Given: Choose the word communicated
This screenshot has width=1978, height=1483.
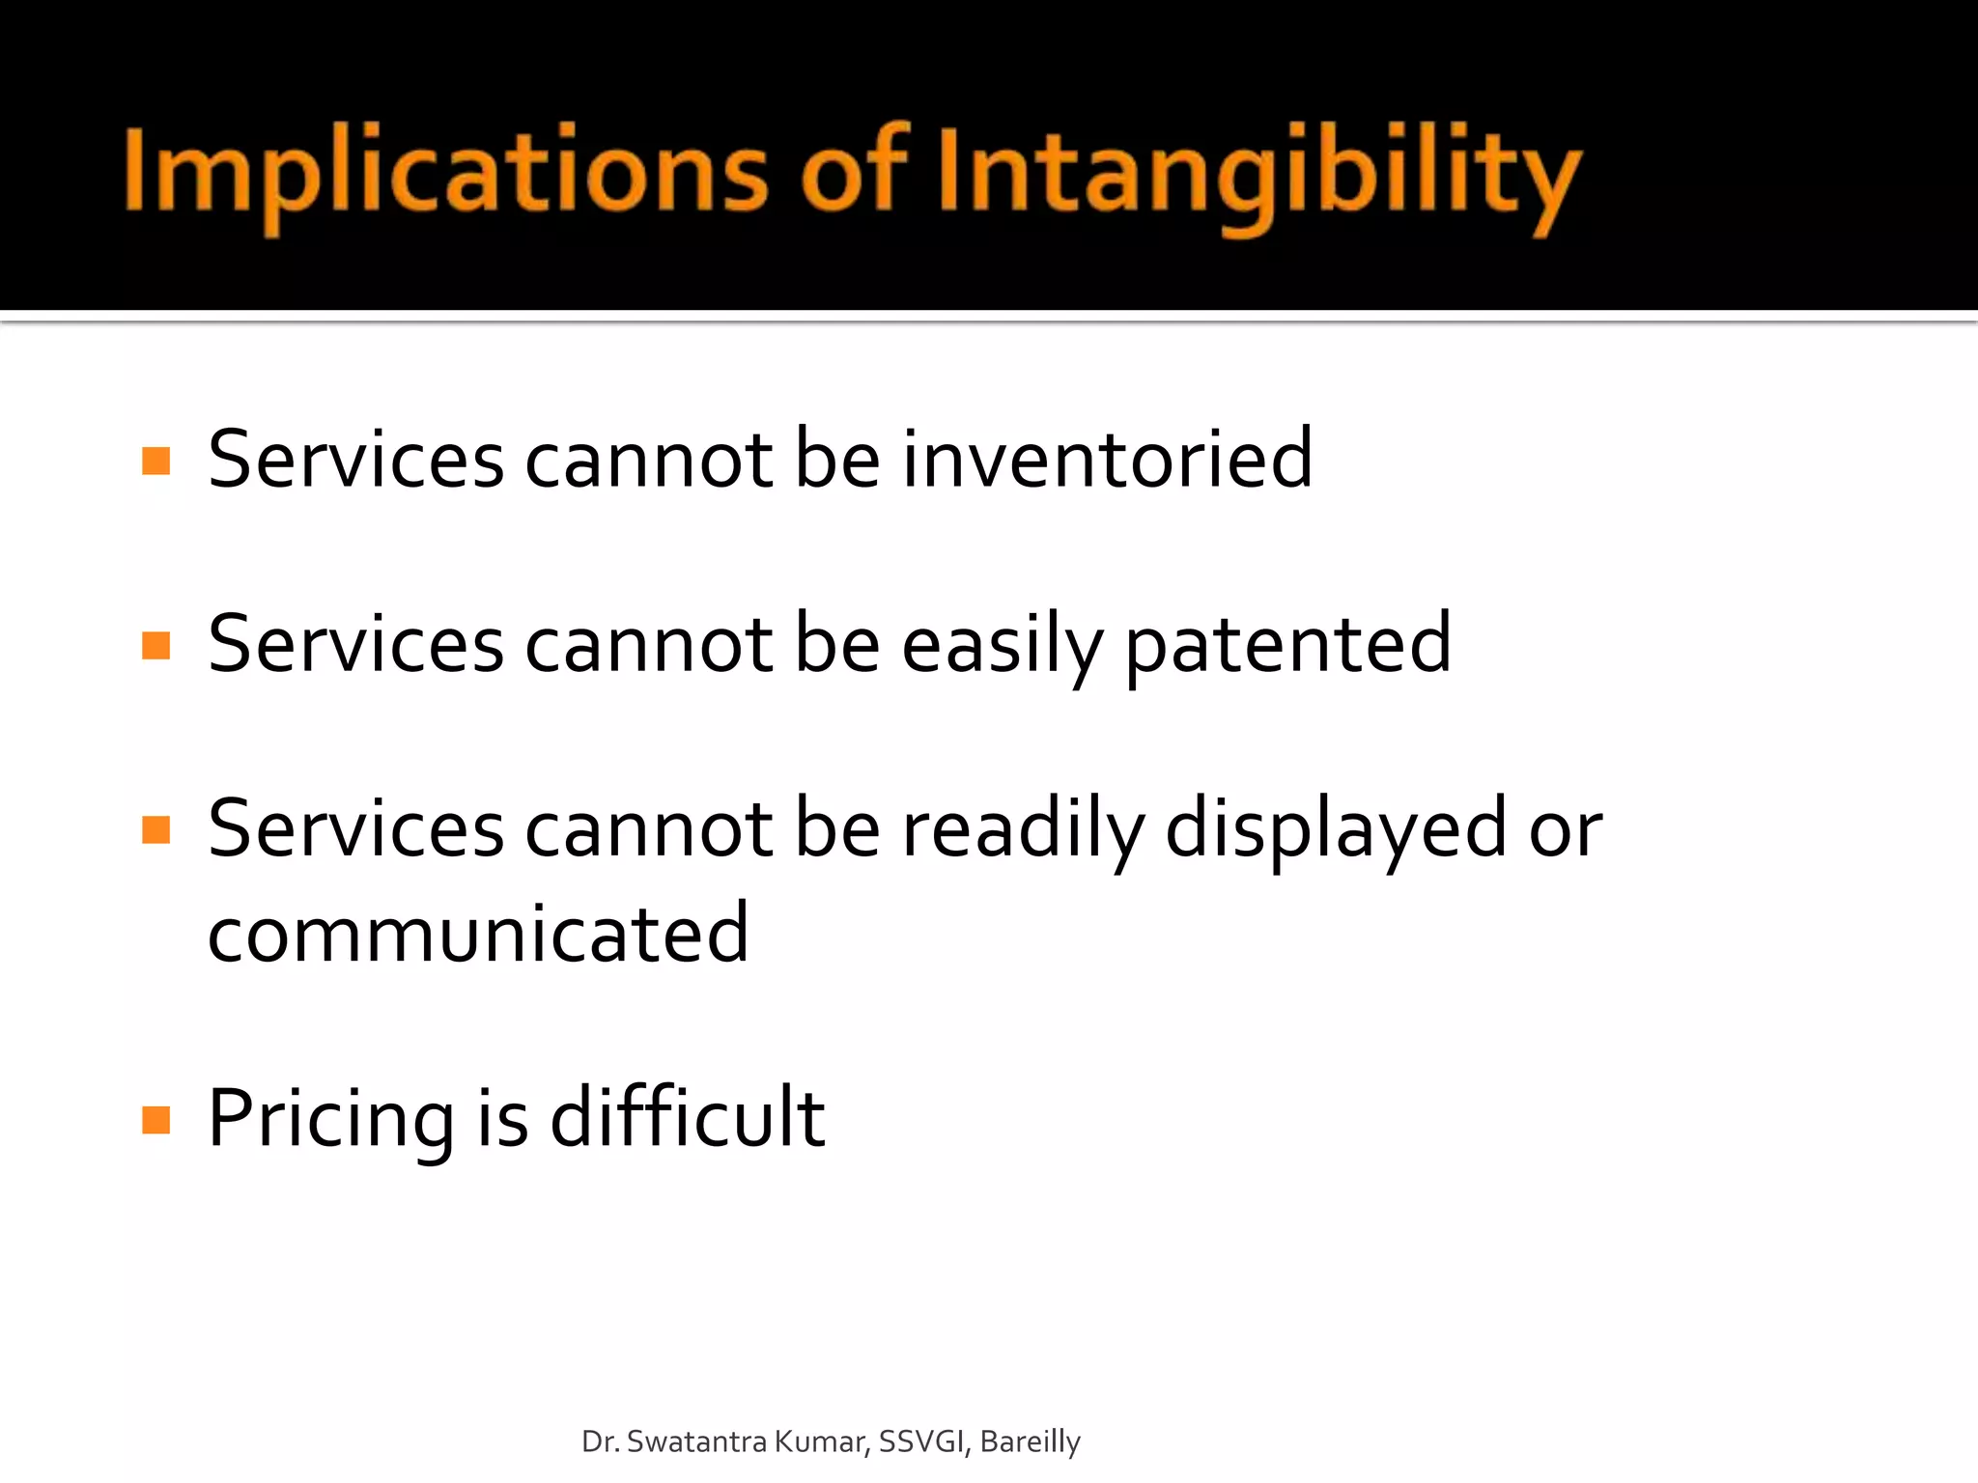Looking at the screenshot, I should (x=478, y=935).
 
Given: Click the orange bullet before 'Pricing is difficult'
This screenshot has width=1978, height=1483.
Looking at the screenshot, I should (x=155, y=1120).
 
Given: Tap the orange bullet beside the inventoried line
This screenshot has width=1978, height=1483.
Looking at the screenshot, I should (x=155, y=461).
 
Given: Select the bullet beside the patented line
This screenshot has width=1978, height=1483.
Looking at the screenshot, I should (x=155, y=645).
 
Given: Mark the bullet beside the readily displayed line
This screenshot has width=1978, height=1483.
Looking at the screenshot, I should (x=155, y=829).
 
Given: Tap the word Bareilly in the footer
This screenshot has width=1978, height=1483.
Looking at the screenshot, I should (x=1030, y=1441).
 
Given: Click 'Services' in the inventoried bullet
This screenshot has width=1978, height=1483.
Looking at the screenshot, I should (x=355, y=459).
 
